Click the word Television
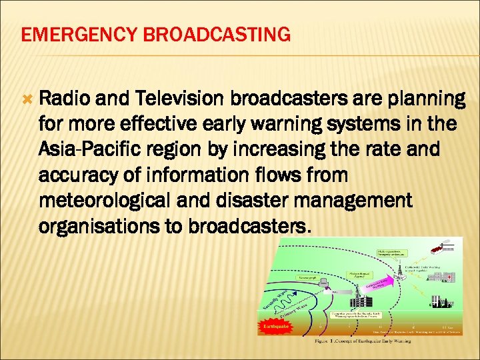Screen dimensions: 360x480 (x=180, y=99)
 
